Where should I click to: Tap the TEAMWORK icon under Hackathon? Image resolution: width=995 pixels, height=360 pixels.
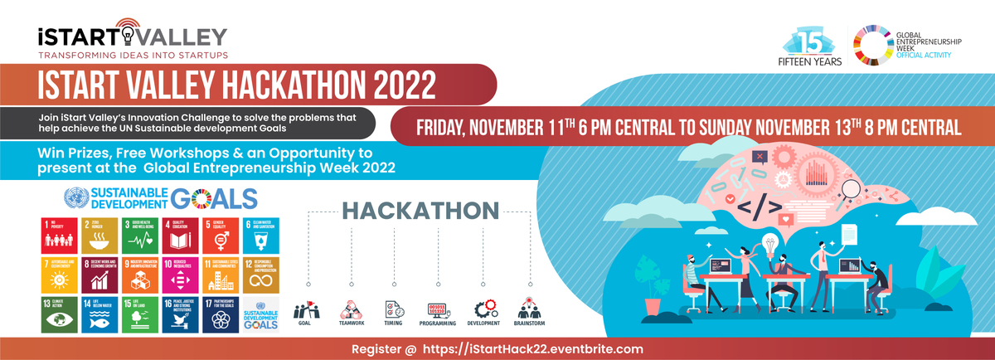[x=348, y=311]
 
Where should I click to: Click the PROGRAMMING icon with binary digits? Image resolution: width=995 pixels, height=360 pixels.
[x=439, y=311]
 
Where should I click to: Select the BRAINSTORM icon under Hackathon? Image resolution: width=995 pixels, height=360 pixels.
[x=528, y=309]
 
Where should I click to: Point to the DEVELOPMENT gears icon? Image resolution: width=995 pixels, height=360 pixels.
[x=483, y=309]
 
